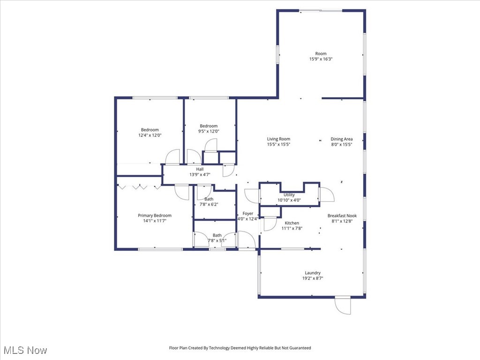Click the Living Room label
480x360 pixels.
pos(278,139)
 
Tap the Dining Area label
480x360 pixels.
pos(341,139)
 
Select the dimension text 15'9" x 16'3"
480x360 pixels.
pos(321,60)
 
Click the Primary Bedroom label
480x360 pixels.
pos(154,216)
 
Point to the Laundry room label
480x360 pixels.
pos(313,273)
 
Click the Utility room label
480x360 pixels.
pos(289,195)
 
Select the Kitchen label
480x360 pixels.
pos(292,223)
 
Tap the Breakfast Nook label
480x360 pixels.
pos(342,216)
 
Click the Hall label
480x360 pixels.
pos(200,169)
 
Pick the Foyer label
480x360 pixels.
pos(247,213)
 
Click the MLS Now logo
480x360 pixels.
pos(25,350)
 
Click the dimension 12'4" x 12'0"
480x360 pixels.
pos(150,135)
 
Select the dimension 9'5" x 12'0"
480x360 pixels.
pos(209,132)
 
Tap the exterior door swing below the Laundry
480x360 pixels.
pos(343,306)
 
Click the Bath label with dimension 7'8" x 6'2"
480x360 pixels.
pos(209,199)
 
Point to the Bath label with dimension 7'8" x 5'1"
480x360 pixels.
pos(217,235)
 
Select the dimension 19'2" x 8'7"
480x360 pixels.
pos(313,278)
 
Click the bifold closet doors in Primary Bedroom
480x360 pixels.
pos(139,187)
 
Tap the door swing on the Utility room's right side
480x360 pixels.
pos(326,195)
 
